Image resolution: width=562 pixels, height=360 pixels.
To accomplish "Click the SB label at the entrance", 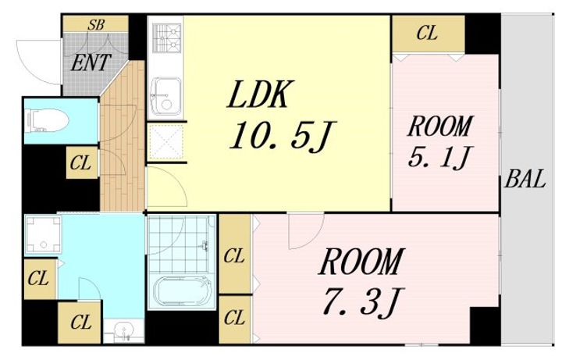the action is (x=96, y=25).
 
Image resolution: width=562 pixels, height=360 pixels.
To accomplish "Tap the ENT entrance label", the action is (x=91, y=62).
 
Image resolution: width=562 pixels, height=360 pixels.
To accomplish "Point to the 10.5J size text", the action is (x=283, y=135).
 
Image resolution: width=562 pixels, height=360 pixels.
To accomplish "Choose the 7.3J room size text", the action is (x=363, y=301).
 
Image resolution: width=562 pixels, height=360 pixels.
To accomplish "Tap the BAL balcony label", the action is (x=525, y=179).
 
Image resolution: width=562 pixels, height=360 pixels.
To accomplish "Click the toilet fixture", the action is (x=47, y=121).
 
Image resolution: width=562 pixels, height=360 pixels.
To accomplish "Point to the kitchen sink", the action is (x=165, y=95).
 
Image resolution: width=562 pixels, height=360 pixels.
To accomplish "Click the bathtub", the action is (x=183, y=290).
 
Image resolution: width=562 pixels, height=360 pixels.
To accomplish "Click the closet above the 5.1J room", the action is (x=429, y=34).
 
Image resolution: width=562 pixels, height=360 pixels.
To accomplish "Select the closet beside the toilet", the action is (x=82, y=162).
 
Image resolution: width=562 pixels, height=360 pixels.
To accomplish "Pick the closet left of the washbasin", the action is (x=79, y=323).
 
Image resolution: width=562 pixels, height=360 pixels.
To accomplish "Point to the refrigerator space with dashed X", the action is (x=165, y=142).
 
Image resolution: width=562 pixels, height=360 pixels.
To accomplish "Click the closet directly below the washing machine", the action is (x=40, y=279).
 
